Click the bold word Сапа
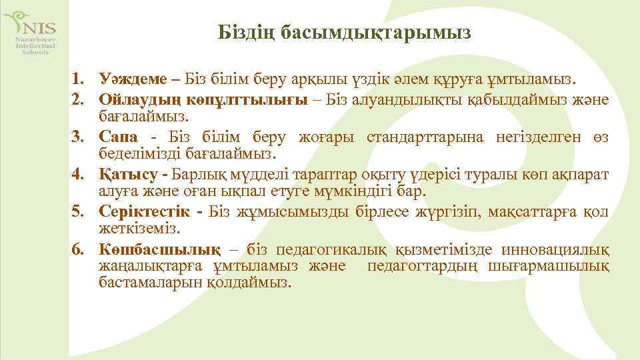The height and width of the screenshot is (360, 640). click(118, 137)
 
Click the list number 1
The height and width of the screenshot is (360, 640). click(79, 80)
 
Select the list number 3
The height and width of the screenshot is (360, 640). click(79, 137)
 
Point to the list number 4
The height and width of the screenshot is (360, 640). click(79, 175)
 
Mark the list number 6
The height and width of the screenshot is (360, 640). click(79, 250)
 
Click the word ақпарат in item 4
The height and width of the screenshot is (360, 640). click(586, 175)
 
